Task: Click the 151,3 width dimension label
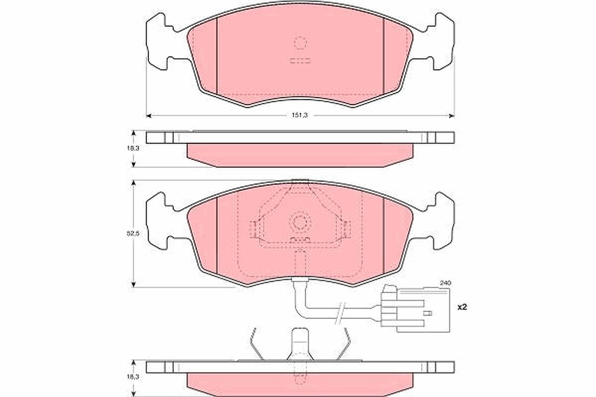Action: [x=300, y=116]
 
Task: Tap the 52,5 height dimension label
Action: [x=133, y=233]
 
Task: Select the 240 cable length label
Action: [x=445, y=283]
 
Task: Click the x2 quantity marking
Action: [x=462, y=307]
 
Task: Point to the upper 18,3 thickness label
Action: [x=133, y=148]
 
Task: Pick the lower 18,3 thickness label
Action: [x=133, y=377]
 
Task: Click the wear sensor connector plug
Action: [x=415, y=309]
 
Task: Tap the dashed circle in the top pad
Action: [x=300, y=43]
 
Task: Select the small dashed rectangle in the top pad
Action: [x=300, y=61]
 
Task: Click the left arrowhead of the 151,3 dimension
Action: [x=149, y=116]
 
